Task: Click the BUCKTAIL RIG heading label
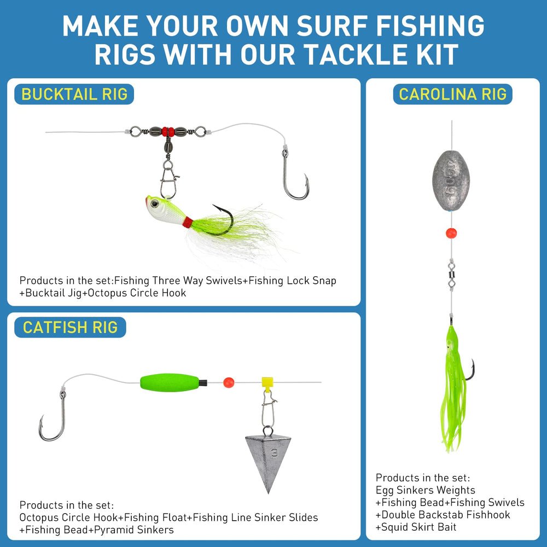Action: [x=74, y=94]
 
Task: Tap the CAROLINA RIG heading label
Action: [x=452, y=94]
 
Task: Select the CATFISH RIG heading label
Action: [x=70, y=328]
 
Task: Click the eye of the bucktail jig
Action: [x=155, y=204]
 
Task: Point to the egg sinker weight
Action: [x=451, y=181]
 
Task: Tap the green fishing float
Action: [x=170, y=381]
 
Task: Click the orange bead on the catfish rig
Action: [x=229, y=382]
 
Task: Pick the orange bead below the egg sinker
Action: [x=451, y=234]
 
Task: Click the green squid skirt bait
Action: [x=453, y=383]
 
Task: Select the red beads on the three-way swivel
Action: [x=168, y=131]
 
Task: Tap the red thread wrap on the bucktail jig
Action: [x=188, y=222]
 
